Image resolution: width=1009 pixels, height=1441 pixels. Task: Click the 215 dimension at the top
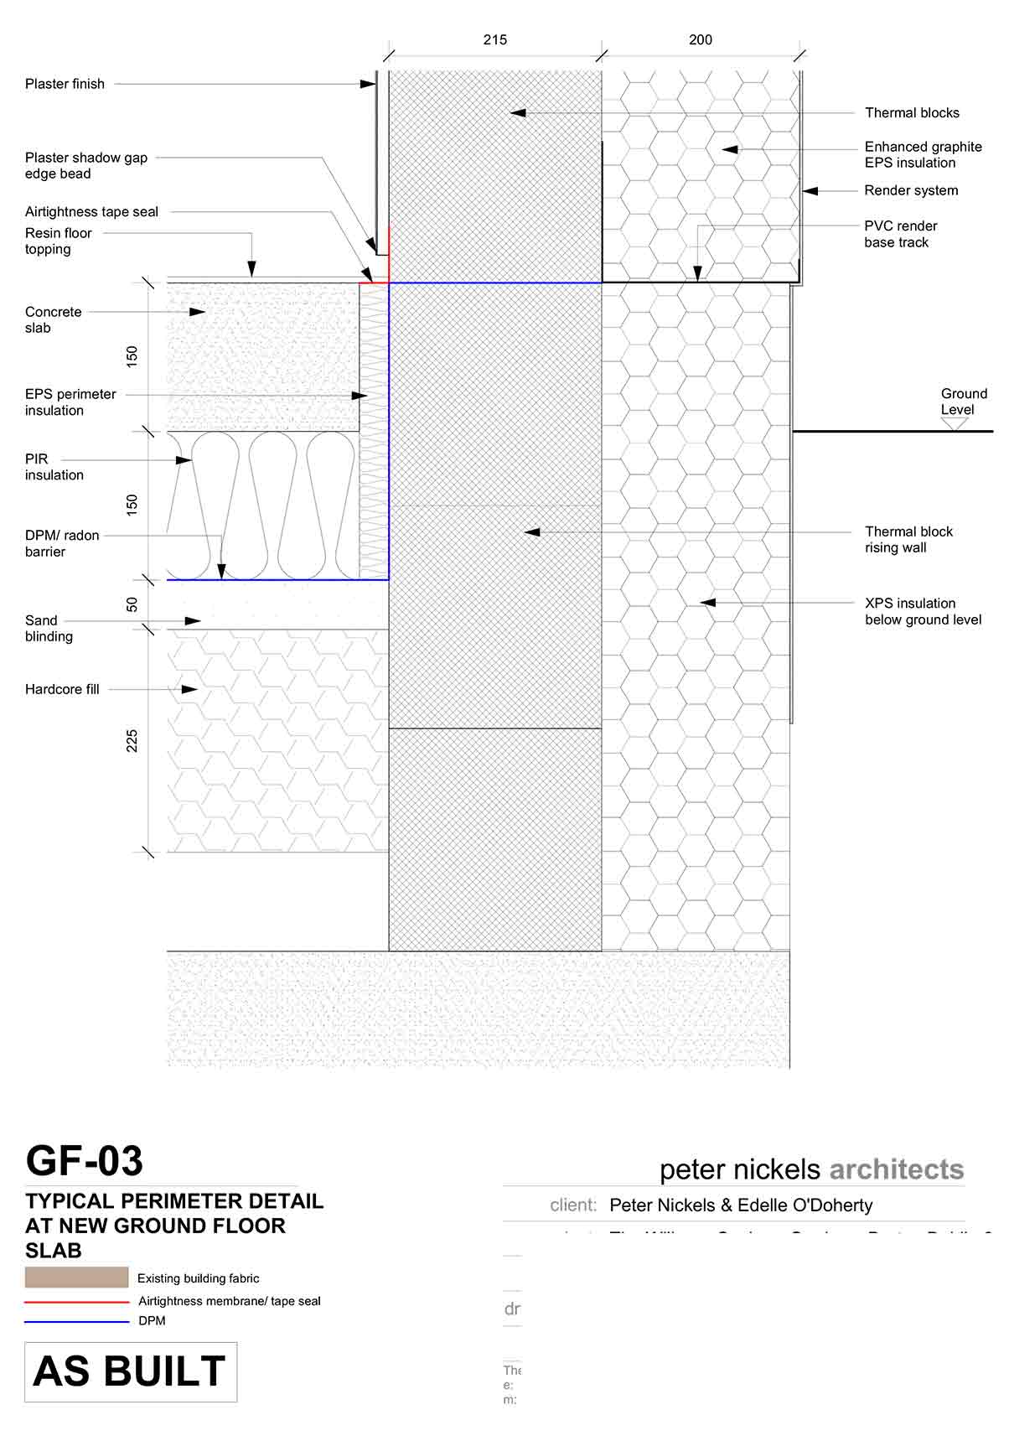pos(494,39)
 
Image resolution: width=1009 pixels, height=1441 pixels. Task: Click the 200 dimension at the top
pos(700,39)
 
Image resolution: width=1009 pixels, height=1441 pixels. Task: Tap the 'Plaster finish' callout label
pos(65,84)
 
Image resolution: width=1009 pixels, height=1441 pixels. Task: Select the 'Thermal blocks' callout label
pos(912,112)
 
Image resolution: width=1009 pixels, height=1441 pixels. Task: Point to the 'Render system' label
pos(911,190)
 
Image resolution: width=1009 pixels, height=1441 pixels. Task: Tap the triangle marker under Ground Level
pos(954,424)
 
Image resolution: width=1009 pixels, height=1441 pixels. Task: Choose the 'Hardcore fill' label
pos(62,689)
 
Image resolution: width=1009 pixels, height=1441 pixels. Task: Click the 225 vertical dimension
pos(132,741)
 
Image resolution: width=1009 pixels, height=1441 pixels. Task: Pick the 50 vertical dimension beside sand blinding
pos(132,604)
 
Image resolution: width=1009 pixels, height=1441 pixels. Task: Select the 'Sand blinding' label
pos(48,628)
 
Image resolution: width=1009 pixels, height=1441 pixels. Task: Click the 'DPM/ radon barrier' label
pos(61,543)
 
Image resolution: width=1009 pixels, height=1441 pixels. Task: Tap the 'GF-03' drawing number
pos(85,1161)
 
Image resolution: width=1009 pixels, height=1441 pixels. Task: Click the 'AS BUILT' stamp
pos(130,1372)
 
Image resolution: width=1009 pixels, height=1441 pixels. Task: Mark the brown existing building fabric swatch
pos(76,1278)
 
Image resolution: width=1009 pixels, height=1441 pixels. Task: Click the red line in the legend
pos(76,1302)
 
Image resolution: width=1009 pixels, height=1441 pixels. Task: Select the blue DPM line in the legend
pos(76,1322)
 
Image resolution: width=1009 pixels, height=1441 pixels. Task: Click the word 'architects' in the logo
pos(896,1169)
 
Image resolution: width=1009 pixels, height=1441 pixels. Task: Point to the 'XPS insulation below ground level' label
pos(923,611)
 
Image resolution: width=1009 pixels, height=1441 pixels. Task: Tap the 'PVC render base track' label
pos(900,234)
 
